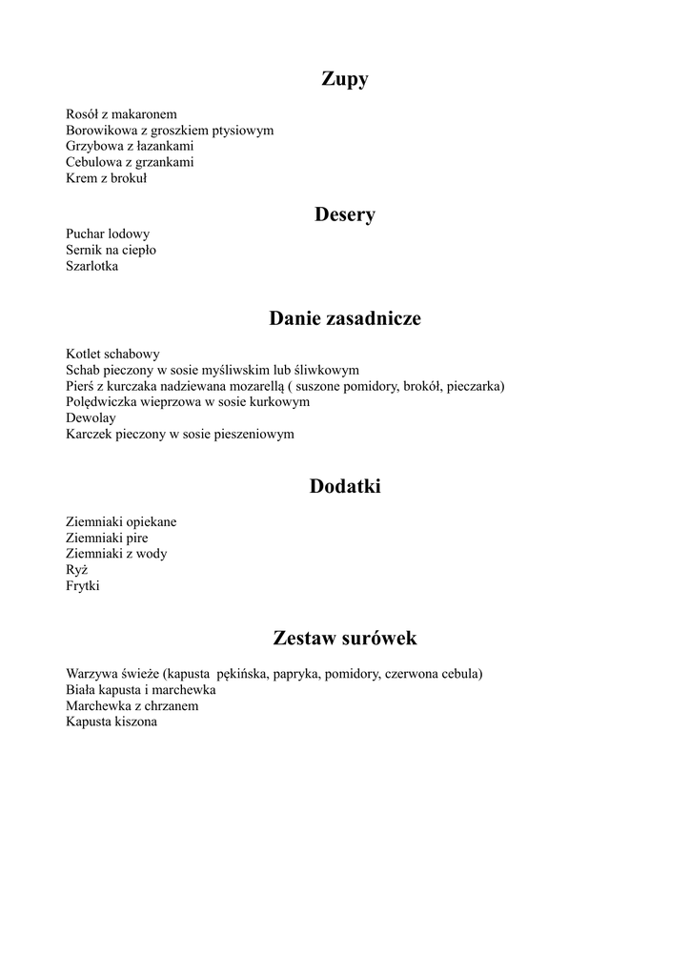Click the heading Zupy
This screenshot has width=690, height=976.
(345, 80)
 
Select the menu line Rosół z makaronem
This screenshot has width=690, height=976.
(121, 114)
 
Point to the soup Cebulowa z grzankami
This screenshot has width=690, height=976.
(130, 163)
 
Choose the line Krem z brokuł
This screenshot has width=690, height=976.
(106, 179)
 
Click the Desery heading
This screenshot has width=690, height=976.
(345, 215)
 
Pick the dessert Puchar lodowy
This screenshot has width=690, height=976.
(108, 234)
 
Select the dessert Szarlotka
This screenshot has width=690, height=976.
(92, 266)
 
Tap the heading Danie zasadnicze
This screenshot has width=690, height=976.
(345, 318)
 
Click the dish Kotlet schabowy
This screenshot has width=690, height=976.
(112, 354)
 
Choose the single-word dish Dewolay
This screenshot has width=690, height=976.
(91, 417)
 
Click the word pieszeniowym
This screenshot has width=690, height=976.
(252, 434)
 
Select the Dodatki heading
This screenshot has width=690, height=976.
(345, 487)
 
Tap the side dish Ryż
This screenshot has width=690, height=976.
(77, 570)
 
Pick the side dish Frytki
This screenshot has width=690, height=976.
(83, 586)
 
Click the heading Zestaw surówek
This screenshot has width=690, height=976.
(345, 638)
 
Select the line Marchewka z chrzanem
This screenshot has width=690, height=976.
(132, 706)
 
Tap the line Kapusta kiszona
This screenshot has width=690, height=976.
(112, 722)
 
